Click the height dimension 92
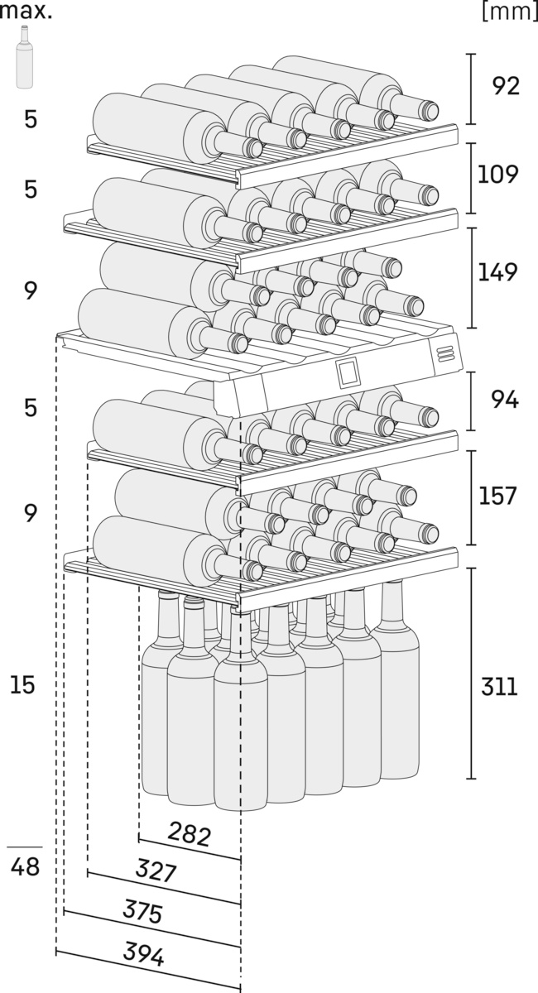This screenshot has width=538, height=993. [505, 85]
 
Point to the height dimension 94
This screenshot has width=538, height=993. [505, 401]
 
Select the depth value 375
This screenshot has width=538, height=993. [142, 912]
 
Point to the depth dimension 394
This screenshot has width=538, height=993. [143, 954]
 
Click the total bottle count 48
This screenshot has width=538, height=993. [26, 869]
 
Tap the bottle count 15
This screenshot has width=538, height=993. [23, 685]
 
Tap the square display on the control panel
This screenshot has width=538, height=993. [348, 373]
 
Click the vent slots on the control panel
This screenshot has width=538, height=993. [446, 352]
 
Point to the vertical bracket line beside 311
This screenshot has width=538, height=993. [471, 673]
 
